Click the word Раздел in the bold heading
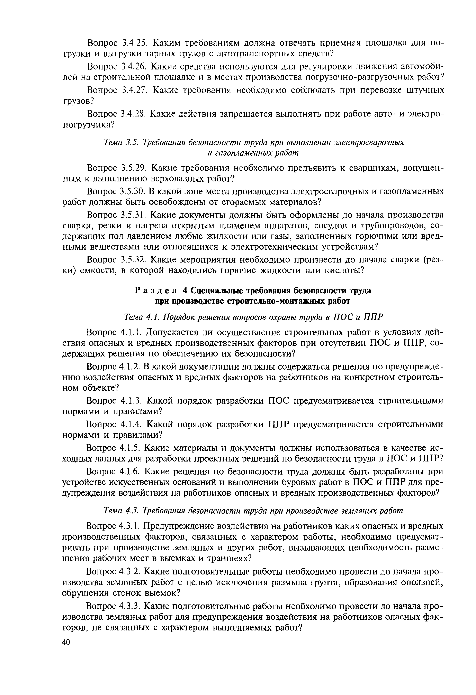coord(156,290)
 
